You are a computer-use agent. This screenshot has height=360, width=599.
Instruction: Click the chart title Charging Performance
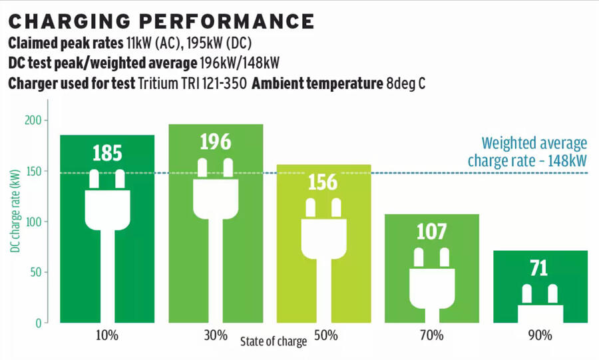[160, 21]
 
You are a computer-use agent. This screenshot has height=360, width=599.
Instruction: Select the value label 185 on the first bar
[107, 154]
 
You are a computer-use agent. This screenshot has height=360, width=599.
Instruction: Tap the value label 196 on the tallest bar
[216, 142]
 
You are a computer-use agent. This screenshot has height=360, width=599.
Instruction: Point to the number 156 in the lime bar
[323, 182]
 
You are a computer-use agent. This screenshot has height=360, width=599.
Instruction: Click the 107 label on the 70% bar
[432, 232]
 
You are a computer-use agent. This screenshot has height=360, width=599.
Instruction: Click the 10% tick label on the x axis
[107, 335]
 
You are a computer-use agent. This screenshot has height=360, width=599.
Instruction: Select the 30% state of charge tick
[216, 335]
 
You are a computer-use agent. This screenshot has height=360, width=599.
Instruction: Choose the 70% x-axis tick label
[432, 335]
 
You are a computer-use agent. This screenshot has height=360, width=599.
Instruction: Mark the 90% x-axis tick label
[540, 335]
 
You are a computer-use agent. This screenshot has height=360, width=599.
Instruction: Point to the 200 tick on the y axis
[33, 120]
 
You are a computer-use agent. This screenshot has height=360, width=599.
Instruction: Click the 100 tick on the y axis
[33, 222]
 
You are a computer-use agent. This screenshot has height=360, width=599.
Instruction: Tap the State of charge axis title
[274, 342]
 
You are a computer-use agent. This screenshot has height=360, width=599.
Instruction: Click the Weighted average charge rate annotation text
[527, 152]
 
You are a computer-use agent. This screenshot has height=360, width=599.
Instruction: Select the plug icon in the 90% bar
[539, 303]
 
